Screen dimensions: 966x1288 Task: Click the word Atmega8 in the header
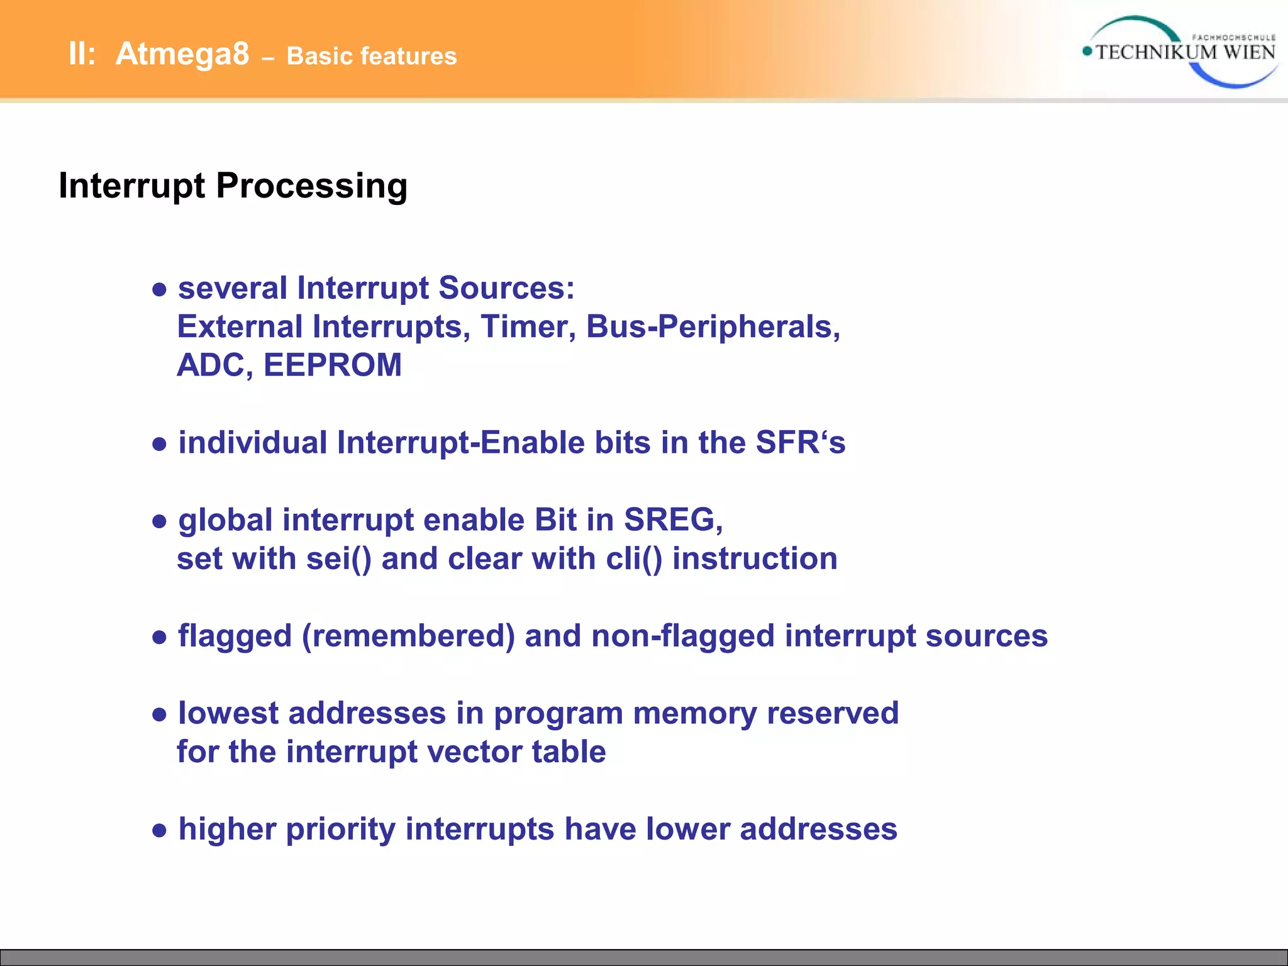(182, 54)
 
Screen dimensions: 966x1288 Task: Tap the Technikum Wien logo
(1180, 52)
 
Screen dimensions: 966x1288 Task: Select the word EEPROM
(332, 365)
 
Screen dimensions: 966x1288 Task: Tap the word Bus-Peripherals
(713, 327)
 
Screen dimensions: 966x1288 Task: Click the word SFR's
(800, 443)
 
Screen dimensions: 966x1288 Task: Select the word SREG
(672, 520)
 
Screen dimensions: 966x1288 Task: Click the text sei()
(338, 559)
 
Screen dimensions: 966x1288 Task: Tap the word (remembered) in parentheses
(408, 636)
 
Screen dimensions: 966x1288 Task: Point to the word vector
(474, 752)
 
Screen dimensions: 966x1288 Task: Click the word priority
(340, 830)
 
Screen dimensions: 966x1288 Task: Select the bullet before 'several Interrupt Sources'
(160, 290)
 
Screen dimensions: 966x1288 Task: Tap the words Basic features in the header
(371, 57)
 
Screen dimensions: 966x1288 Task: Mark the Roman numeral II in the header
(81, 54)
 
